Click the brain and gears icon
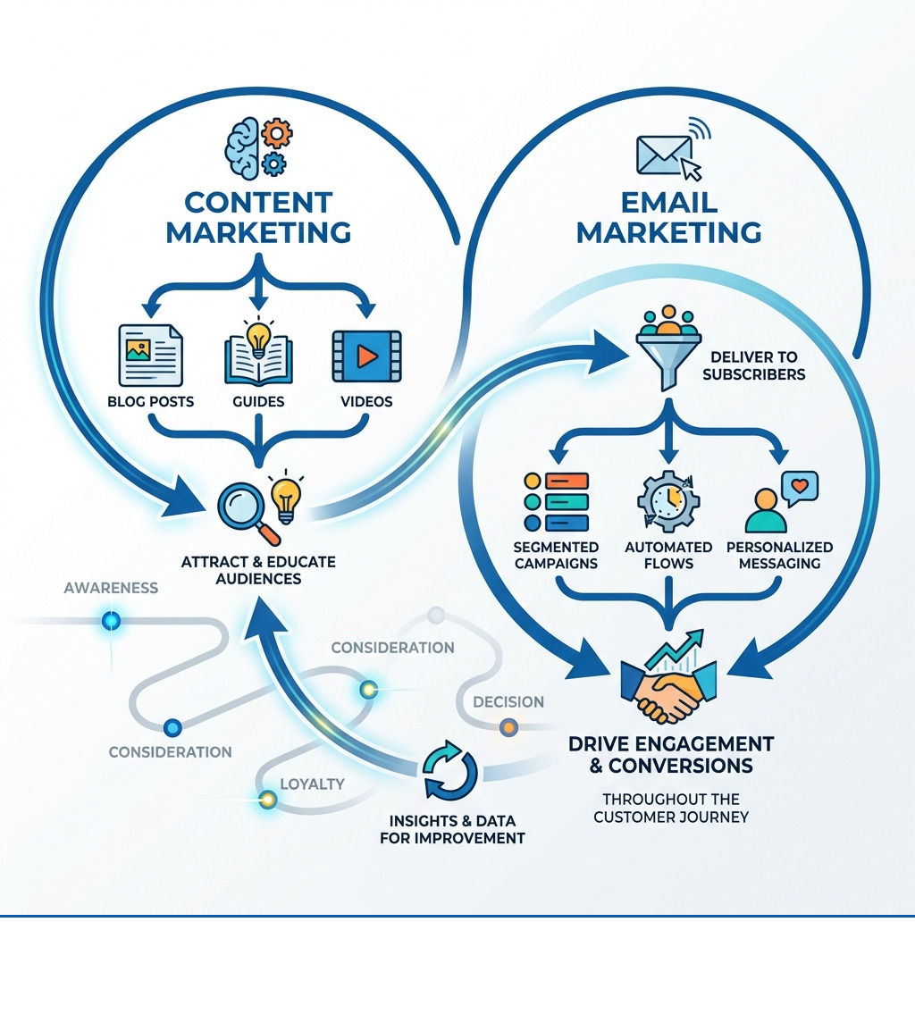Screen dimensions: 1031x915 click(x=258, y=147)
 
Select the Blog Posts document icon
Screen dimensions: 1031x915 click(x=150, y=355)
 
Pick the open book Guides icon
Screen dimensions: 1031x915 click(x=258, y=352)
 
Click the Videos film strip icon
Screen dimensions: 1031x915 click(x=366, y=356)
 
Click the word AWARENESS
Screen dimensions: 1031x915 click(x=111, y=588)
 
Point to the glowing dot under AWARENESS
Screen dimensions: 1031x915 click(x=112, y=620)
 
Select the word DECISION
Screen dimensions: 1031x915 click(x=508, y=701)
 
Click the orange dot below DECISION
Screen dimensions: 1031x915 click(x=508, y=727)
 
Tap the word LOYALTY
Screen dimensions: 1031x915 click(x=312, y=784)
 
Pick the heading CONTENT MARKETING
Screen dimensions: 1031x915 click(x=257, y=217)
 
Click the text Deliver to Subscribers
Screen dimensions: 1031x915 click(x=754, y=366)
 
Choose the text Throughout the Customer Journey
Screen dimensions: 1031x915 click(x=670, y=808)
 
